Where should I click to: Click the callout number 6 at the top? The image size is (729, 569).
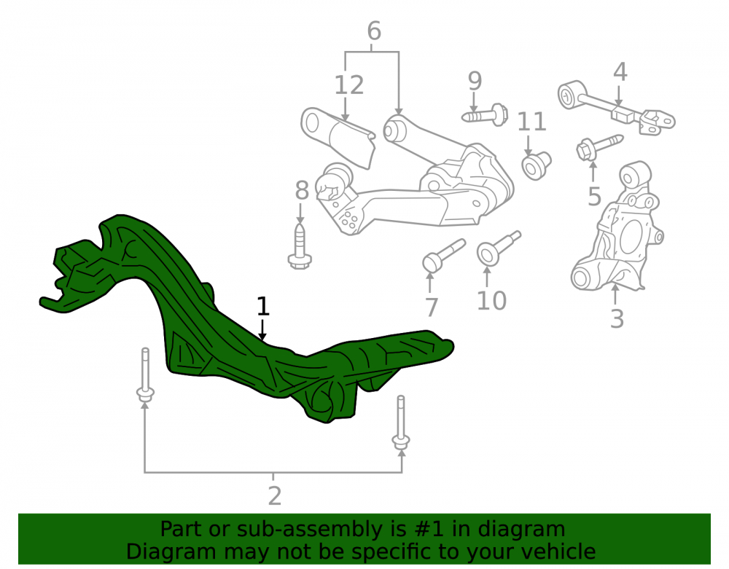[374, 31]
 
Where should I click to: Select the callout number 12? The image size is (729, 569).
[348, 85]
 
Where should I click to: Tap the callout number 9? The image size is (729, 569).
[475, 81]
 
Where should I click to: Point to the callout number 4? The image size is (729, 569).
[620, 72]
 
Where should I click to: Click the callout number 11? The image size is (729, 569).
[532, 122]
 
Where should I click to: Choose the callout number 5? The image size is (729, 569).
[594, 197]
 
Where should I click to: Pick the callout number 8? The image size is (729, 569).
[302, 190]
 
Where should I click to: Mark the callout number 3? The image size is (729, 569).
[617, 319]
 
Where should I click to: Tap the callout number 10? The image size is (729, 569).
[491, 300]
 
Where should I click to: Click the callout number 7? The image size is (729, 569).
[432, 307]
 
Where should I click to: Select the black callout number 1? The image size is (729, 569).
[263, 307]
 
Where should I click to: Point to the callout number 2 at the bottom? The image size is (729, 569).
[275, 496]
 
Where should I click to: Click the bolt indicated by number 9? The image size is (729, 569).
[485, 114]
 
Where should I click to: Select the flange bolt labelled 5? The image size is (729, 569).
[599, 146]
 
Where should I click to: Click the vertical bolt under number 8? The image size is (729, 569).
[300, 246]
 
